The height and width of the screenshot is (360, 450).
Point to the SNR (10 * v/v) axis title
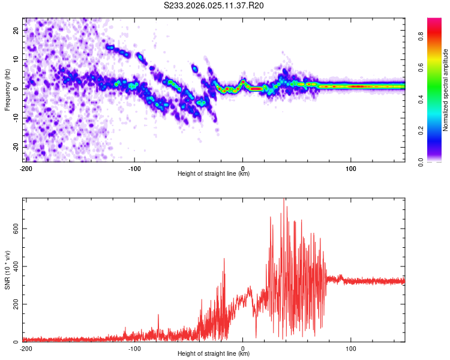(x=7, y=270)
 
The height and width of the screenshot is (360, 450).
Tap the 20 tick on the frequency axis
(x=16, y=30)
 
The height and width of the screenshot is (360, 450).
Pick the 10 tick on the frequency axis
(x=16, y=59)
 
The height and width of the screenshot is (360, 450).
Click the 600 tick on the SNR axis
(x=14, y=228)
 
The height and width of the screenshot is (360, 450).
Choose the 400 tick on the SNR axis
(x=14, y=266)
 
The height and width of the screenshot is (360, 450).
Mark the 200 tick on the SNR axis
(x=14, y=304)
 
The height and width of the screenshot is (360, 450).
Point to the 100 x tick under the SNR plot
(x=351, y=348)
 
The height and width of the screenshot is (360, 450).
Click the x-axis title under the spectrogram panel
(x=214, y=174)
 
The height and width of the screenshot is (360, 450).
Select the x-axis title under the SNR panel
(x=214, y=354)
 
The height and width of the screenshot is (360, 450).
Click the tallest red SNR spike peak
(x=284, y=200)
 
